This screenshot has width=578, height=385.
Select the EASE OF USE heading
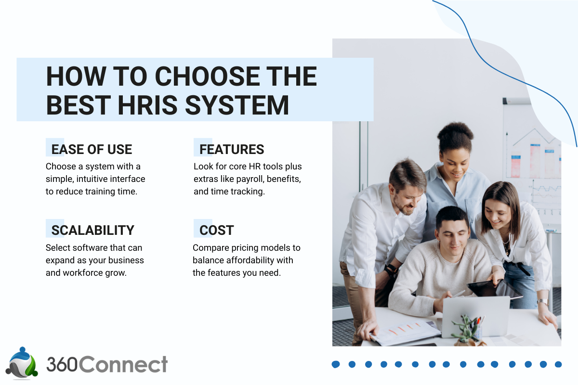coord(92,149)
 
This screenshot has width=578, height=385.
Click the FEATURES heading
coord(232,149)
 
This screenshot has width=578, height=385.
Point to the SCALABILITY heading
coord(92,230)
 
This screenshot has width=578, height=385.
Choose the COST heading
coord(216,230)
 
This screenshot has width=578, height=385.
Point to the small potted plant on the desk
coord(465,330)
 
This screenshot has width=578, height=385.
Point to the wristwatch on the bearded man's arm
coord(391,269)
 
